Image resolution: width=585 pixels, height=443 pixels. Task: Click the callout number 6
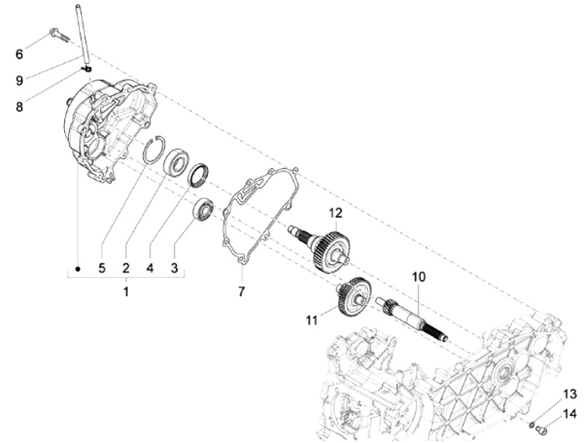pyautogui.click(x=20, y=54)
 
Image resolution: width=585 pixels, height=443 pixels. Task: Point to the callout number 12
pyautogui.click(x=335, y=214)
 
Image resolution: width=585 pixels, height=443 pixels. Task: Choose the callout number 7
pyautogui.click(x=240, y=290)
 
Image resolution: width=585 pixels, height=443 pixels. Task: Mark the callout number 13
pyautogui.click(x=570, y=393)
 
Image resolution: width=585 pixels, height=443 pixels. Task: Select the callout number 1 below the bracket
pyautogui.click(x=126, y=290)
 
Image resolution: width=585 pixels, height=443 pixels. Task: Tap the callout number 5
pyautogui.click(x=102, y=267)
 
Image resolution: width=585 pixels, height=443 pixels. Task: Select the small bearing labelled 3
pyautogui.click(x=204, y=210)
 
